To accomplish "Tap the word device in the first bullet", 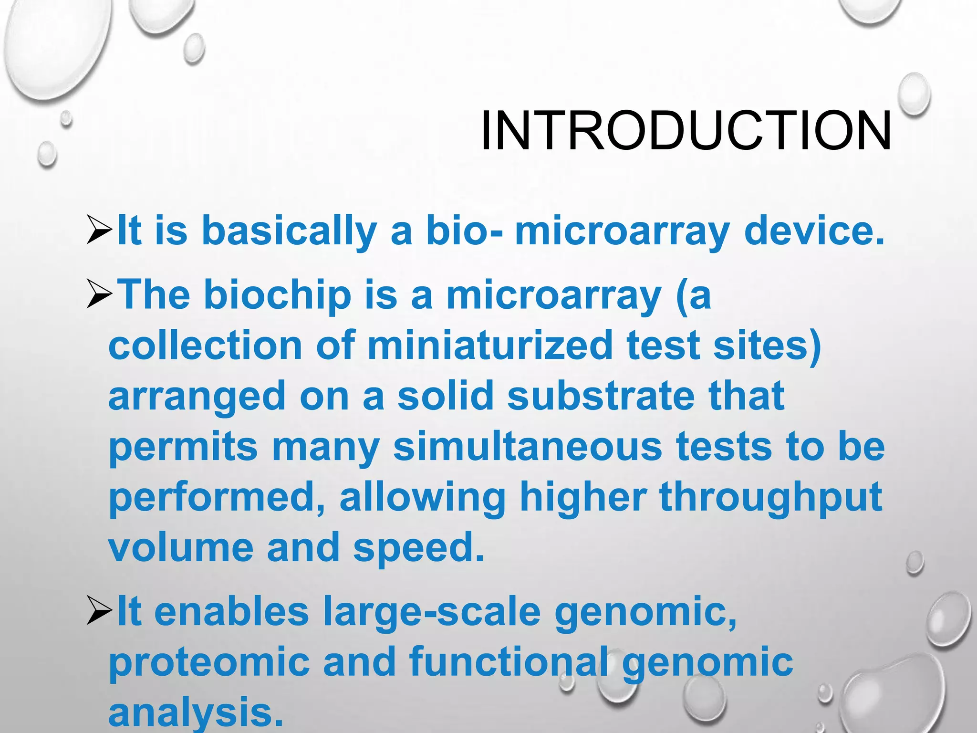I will click(814, 230).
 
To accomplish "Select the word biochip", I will click(278, 295).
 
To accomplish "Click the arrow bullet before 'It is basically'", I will click(99, 230).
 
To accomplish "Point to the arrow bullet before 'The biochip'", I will click(99, 295).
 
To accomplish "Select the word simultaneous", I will click(528, 447).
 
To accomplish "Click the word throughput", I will click(770, 497).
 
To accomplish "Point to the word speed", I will click(418, 548).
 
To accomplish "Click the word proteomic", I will click(209, 663).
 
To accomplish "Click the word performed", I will click(217, 497).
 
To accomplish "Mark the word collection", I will click(205, 346).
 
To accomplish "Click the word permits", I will click(184, 448).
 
